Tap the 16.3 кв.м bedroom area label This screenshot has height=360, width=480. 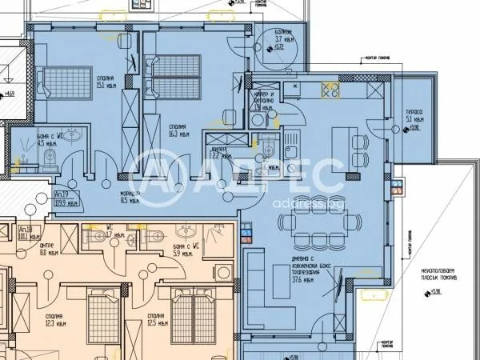178,130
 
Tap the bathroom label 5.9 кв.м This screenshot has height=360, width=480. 183,251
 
